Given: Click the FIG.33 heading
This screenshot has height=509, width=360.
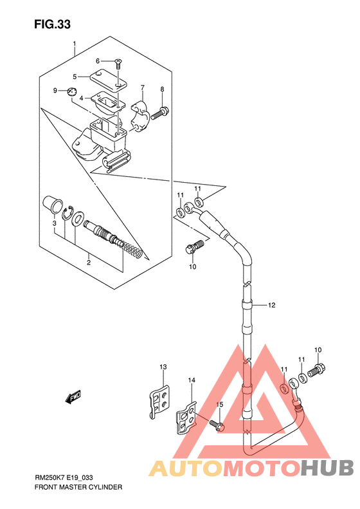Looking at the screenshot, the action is [x=52, y=24].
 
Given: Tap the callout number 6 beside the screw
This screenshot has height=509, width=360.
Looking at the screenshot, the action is [x=98, y=61].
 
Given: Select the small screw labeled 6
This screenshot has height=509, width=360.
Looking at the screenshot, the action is [x=118, y=63].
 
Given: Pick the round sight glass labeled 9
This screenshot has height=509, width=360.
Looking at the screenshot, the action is [x=71, y=91].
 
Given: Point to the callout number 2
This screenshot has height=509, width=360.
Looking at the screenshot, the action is [x=88, y=263].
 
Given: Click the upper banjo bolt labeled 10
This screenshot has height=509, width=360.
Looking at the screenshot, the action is [x=194, y=246].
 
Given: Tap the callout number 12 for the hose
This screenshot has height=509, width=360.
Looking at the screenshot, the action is [x=272, y=305].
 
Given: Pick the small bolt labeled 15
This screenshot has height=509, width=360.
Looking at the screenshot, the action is [x=217, y=425].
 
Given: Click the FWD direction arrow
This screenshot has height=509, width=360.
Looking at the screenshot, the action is [x=73, y=396].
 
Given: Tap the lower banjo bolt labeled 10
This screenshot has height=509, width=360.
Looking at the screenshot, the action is [x=316, y=370].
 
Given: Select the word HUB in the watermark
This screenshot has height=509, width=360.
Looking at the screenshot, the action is [x=327, y=468].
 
